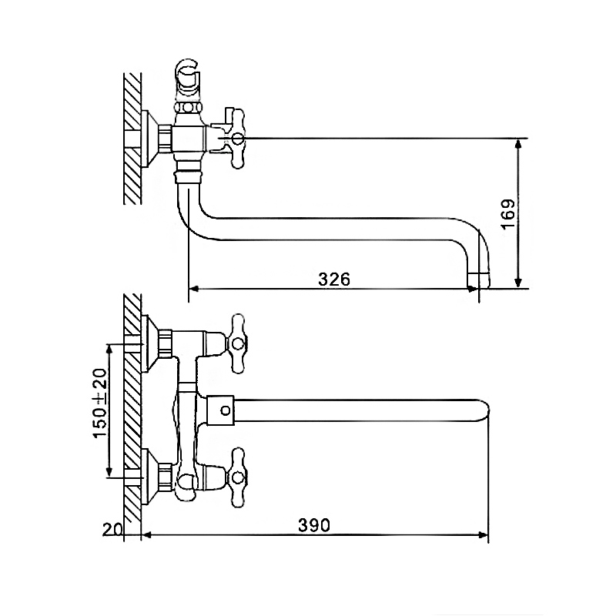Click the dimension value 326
point(334,280)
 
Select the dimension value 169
point(508,214)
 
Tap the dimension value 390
point(314,525)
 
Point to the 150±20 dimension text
point(100,403)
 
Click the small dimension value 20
point(112,530)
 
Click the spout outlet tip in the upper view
point(478,280)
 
